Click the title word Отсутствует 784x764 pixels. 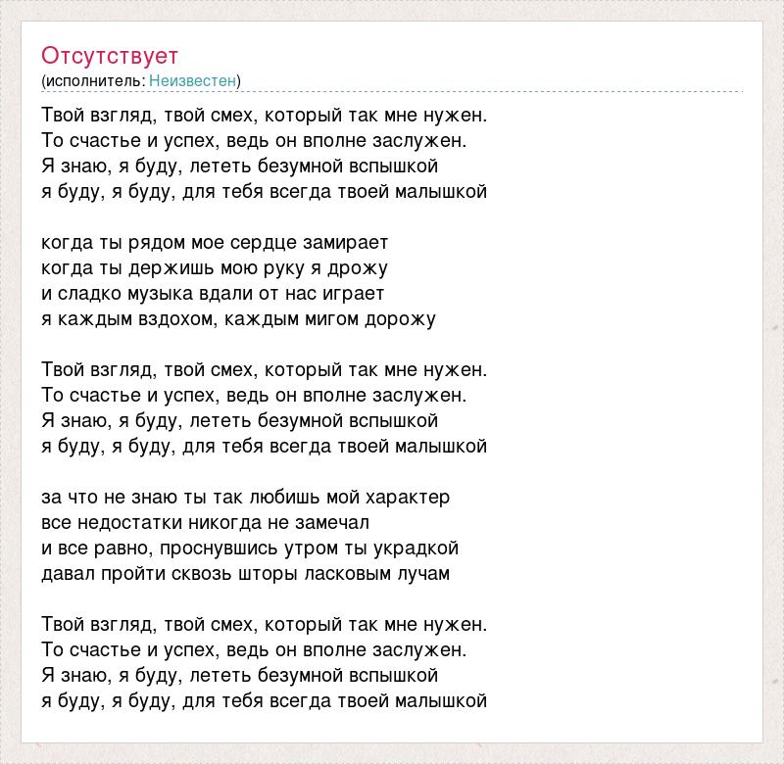click(x=110, y=56)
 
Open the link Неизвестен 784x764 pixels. click(x=193, y=80)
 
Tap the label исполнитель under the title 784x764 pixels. click(x=93, y=80)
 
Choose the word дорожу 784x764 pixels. click(x=400, y=318)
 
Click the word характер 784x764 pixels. click(x=405, y=497)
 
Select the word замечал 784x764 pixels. click(x=333, y=522)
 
